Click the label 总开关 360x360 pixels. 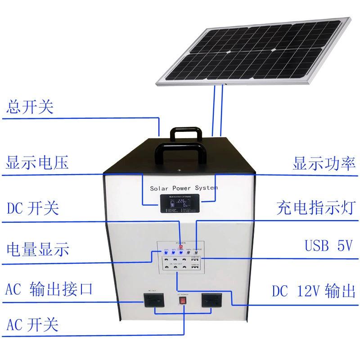(30, 108)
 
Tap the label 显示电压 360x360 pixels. (37, 162)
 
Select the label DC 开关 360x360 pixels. (33, 209)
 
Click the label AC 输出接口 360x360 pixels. (49, 289)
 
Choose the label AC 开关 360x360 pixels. (32, 324)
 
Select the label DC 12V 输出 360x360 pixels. (313, 290)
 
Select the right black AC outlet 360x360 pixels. (213, 299)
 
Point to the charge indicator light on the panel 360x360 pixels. (196, 252)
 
